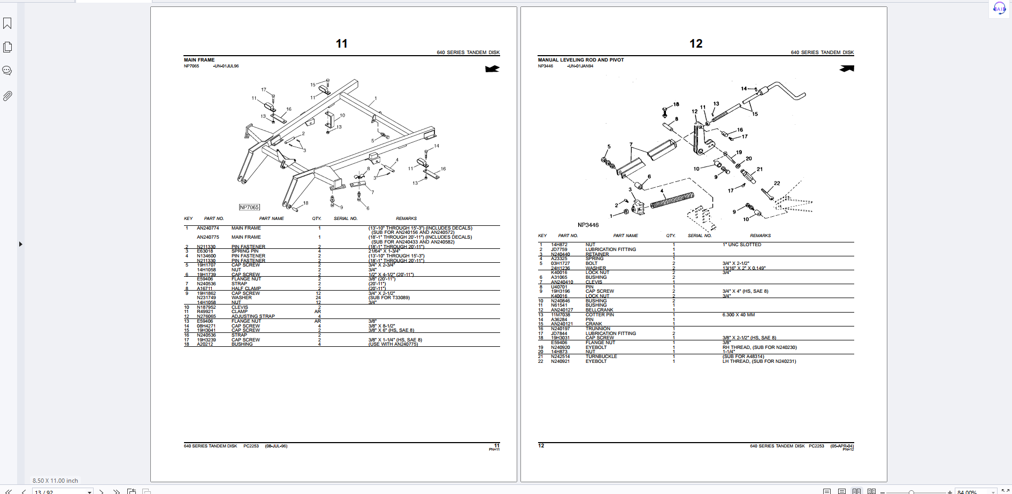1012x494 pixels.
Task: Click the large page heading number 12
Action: (x=695, y=44)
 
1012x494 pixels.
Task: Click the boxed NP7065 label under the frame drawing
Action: (x=249, y=207)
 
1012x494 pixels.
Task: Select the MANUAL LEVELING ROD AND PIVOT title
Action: (x=580, y=60)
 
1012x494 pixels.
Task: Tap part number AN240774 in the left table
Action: (x=208, y=228)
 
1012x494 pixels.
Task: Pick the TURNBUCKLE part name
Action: (x=601, y=356)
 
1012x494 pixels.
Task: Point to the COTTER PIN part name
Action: (x=599, y=315)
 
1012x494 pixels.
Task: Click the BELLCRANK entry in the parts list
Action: (x=599, y=310)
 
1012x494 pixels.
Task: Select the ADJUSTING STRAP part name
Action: (x=252, y=316)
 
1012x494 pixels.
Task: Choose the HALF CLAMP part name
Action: (x=246, y=288)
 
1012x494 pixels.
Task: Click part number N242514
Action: (x=561, y=356)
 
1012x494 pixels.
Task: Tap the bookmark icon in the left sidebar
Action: (x=7, y=24)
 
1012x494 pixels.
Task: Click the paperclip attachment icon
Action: (x=7, y=96)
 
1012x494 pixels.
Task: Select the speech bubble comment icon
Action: (x=7, y=71)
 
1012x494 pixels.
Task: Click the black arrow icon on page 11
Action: (x=492, y=69)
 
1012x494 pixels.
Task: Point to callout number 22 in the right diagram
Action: (x=777, y=183)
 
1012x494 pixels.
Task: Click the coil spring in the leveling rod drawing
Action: (x=672, y=201)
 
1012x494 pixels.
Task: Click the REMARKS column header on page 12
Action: (x=760, y=235)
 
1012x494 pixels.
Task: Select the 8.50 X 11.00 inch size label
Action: (x=55, y=481)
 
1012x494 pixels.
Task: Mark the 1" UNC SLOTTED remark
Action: (x=741, y=245)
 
